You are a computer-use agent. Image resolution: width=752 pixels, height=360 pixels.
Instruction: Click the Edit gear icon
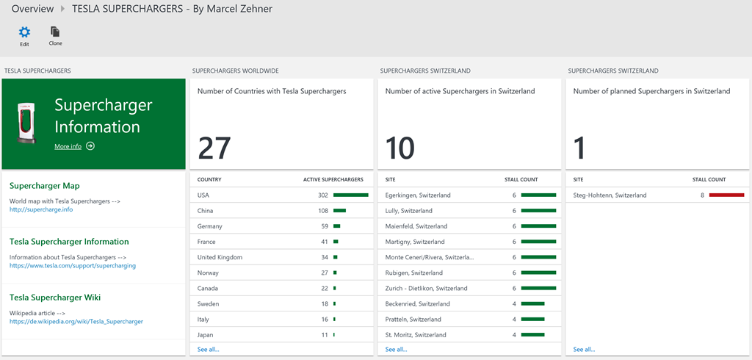coord(24,32)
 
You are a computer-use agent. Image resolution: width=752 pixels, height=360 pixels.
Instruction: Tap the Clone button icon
coord(55,32)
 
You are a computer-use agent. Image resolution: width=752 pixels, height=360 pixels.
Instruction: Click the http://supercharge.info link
coord(41,209)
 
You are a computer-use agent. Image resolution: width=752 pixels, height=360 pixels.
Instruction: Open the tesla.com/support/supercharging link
coord(73,265)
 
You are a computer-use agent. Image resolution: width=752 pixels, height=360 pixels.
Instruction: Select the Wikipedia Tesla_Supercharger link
coord(76,321)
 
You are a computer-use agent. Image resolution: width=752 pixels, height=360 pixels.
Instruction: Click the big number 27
coord(215,148)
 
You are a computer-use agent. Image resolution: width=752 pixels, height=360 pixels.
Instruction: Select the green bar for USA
coord(350,195)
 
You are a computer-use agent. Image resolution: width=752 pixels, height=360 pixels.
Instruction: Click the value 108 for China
coord(322,211)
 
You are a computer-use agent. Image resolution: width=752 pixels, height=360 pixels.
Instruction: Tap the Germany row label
coord(210,226)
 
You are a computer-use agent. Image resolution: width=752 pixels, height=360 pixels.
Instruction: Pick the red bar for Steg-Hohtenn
coord(726,195)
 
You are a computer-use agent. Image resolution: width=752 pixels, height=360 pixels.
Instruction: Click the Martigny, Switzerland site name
coord(415,242)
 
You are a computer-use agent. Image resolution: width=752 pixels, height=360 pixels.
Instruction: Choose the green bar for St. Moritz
coord(533,335)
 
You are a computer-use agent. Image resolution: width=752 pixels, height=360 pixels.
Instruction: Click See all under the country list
coord(208,349)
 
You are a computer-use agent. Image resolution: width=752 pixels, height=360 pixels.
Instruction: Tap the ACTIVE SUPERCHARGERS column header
coord(333,179)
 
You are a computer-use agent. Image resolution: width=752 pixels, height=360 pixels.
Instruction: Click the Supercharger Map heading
coord(45,186)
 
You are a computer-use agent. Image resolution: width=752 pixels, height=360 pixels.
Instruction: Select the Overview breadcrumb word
coord(32,9)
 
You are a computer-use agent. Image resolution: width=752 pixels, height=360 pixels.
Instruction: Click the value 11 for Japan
coord(324,335)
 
